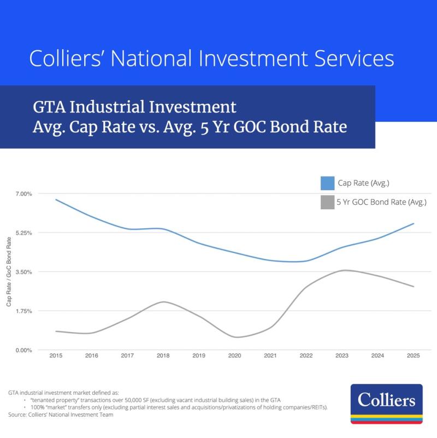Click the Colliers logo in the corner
386,404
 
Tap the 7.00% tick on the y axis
24,194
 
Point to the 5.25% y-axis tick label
24,233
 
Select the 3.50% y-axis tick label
24,272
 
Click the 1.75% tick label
24,311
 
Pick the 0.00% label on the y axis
24,350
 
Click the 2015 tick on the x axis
55,356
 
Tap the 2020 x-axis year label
234,356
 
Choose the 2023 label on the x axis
342,356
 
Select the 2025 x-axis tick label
414,356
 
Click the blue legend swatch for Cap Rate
327,183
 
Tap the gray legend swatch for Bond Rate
327,202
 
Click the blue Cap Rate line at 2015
56,199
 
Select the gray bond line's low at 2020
235,337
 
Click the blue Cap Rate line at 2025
414,223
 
